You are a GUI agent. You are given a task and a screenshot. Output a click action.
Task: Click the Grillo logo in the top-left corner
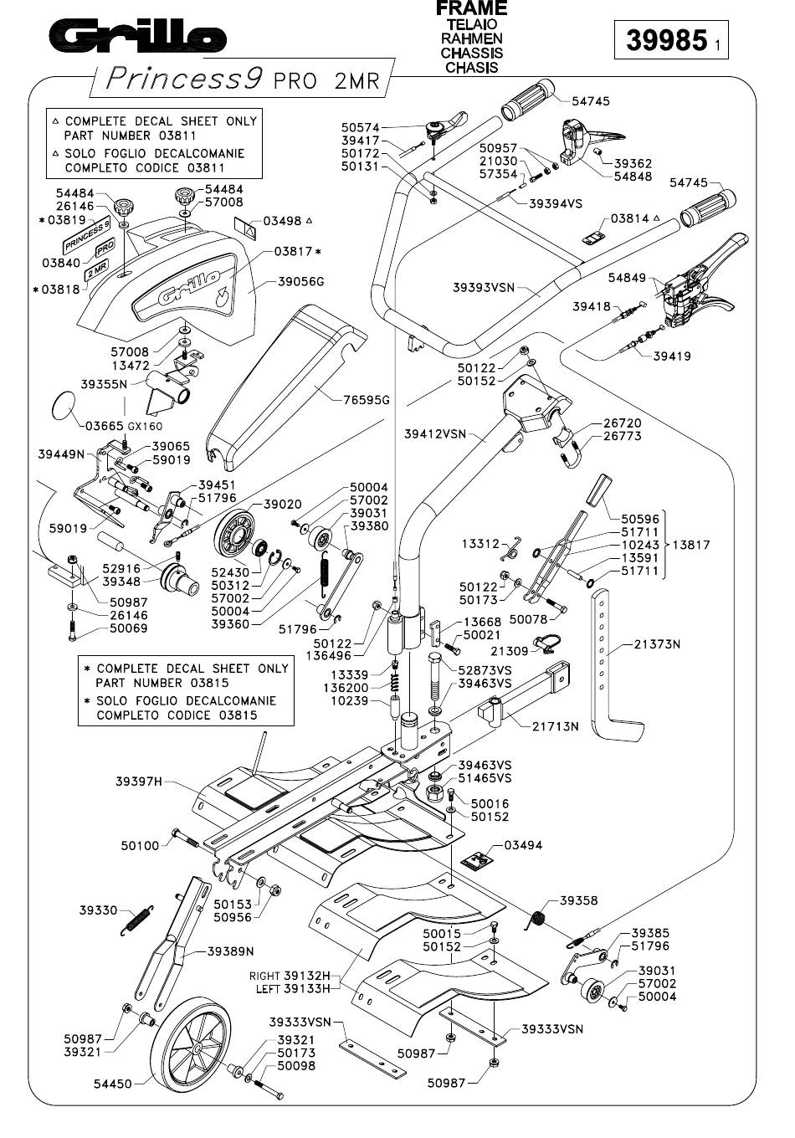[x=138, y=36]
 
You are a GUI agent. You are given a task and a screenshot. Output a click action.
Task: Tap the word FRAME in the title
[x=471, y=8]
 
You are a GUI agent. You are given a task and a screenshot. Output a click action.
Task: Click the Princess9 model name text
[x=184, y=79]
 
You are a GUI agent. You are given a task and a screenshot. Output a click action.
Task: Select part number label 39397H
[x=139, y=782]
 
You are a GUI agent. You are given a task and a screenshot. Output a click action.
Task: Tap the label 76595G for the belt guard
[x=367, y=400]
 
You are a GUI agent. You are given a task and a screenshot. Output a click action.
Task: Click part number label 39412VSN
[x=435, y=433]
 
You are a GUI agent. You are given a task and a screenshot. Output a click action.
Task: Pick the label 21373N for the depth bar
[x=657, y=644]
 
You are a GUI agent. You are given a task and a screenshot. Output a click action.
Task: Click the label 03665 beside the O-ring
[x=104, y=426]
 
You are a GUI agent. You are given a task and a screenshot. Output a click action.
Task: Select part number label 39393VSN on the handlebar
[x=484, y=288]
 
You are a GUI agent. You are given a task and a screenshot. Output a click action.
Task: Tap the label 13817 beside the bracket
[x=691, y=545]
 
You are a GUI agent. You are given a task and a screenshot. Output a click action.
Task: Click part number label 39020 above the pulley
[x=283, y=504]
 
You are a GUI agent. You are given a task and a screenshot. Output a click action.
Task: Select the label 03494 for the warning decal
[x=523, y=845]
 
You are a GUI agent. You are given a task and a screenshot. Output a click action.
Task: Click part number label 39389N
[x=230, y=951]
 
